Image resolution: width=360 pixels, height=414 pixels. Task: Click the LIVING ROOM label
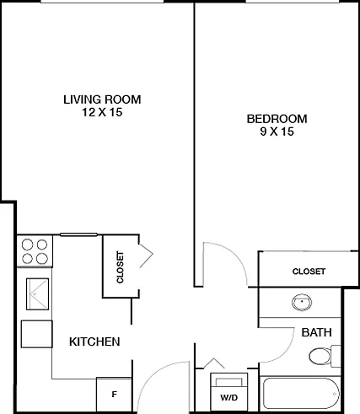tap(102, 99)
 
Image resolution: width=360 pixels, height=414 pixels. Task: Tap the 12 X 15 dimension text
tap(102, 112)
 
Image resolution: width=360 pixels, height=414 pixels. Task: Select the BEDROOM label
tap(277, 119)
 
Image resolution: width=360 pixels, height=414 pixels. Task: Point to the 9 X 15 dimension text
tap(277, 132)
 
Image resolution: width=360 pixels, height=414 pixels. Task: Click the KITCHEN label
tap(94, 341)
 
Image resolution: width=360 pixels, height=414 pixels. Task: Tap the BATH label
tap(316, 332)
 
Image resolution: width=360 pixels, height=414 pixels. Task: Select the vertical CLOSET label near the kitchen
tap(120, 267)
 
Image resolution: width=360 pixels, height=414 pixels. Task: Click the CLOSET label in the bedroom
tap(309, 272)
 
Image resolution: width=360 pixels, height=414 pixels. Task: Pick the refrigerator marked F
tap(114, 395)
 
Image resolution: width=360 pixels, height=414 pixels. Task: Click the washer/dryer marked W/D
tap(229, 392)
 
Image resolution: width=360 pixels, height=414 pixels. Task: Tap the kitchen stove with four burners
tap(35, 251)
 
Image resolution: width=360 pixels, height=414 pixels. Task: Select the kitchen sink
tap(37, 294)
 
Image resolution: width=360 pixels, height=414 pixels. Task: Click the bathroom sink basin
tap(302, 303)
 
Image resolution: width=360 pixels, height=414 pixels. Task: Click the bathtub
tap(302, 394)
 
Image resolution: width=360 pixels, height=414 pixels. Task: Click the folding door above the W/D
tap(214, 363)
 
